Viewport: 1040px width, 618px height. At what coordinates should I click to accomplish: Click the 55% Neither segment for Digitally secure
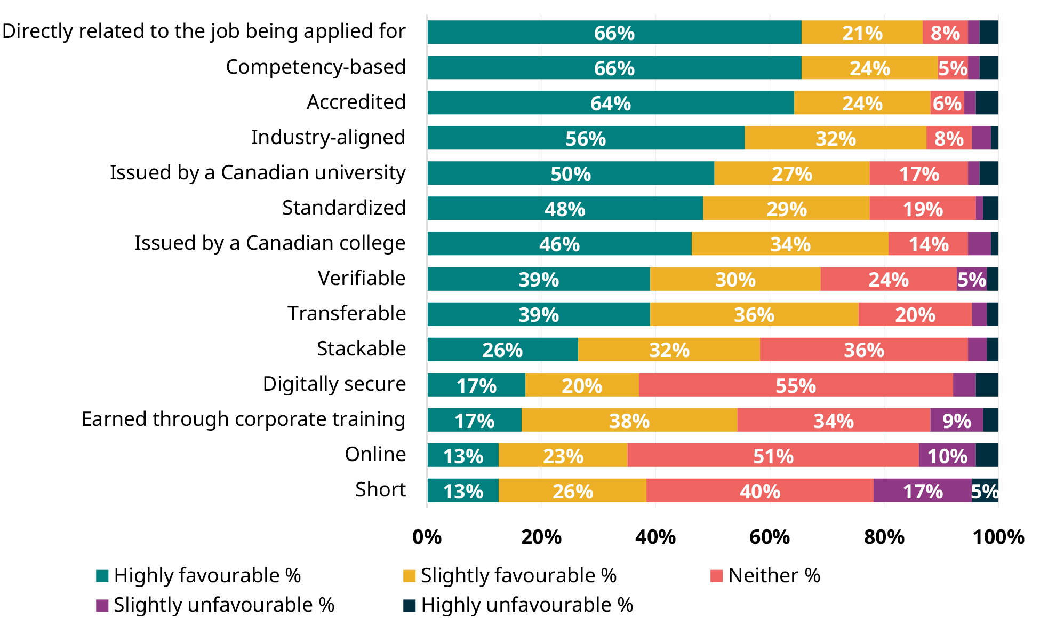[795, 385]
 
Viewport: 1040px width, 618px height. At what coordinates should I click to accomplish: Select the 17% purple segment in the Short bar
[922, 490]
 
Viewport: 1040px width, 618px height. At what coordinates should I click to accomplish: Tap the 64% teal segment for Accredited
[610, 102]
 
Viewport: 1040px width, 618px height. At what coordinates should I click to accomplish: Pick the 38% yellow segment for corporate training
[629, 420]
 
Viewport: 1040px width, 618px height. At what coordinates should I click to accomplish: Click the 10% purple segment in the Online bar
[947, 455]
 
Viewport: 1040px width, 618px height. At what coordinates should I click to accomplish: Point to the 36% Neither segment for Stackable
[863, 350]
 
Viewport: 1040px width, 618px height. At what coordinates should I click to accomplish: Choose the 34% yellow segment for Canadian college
[790, 243]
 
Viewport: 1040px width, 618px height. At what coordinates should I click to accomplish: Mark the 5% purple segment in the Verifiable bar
[971, 279]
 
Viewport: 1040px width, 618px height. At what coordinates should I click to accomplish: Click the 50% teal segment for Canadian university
[570, 173]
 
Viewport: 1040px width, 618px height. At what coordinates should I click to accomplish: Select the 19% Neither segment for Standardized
[922, 208]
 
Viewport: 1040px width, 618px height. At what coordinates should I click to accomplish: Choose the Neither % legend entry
[765, 575]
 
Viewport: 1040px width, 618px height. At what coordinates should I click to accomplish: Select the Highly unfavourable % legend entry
[518, 605]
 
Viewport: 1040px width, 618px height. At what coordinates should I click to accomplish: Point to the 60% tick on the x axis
[769, 536]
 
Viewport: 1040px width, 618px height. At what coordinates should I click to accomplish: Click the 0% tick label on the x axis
[427, 536]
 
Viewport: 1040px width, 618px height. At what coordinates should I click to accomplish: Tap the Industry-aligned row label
[328, 137]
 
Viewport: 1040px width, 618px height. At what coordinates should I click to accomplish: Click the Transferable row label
[346, 313]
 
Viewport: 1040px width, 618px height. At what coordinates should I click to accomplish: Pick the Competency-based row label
[315, 67]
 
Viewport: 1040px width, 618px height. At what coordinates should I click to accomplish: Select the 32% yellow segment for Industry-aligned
[835, 138]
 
